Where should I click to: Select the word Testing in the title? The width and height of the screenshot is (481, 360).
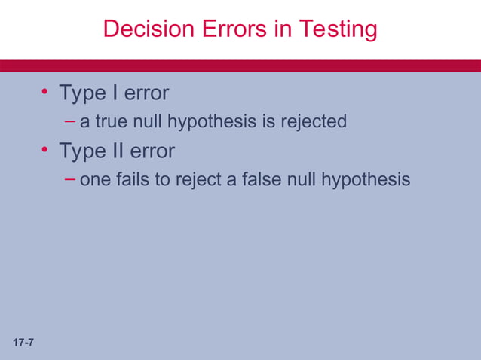click(338, 29)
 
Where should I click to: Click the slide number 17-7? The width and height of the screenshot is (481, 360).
click(23, 343)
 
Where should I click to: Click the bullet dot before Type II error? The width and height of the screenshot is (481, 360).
click(44, 151)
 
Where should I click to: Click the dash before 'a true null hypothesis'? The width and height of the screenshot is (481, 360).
click(70, 121)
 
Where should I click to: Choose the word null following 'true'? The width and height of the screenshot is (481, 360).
click(148, 121)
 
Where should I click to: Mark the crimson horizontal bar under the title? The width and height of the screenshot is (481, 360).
click(240, 66)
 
